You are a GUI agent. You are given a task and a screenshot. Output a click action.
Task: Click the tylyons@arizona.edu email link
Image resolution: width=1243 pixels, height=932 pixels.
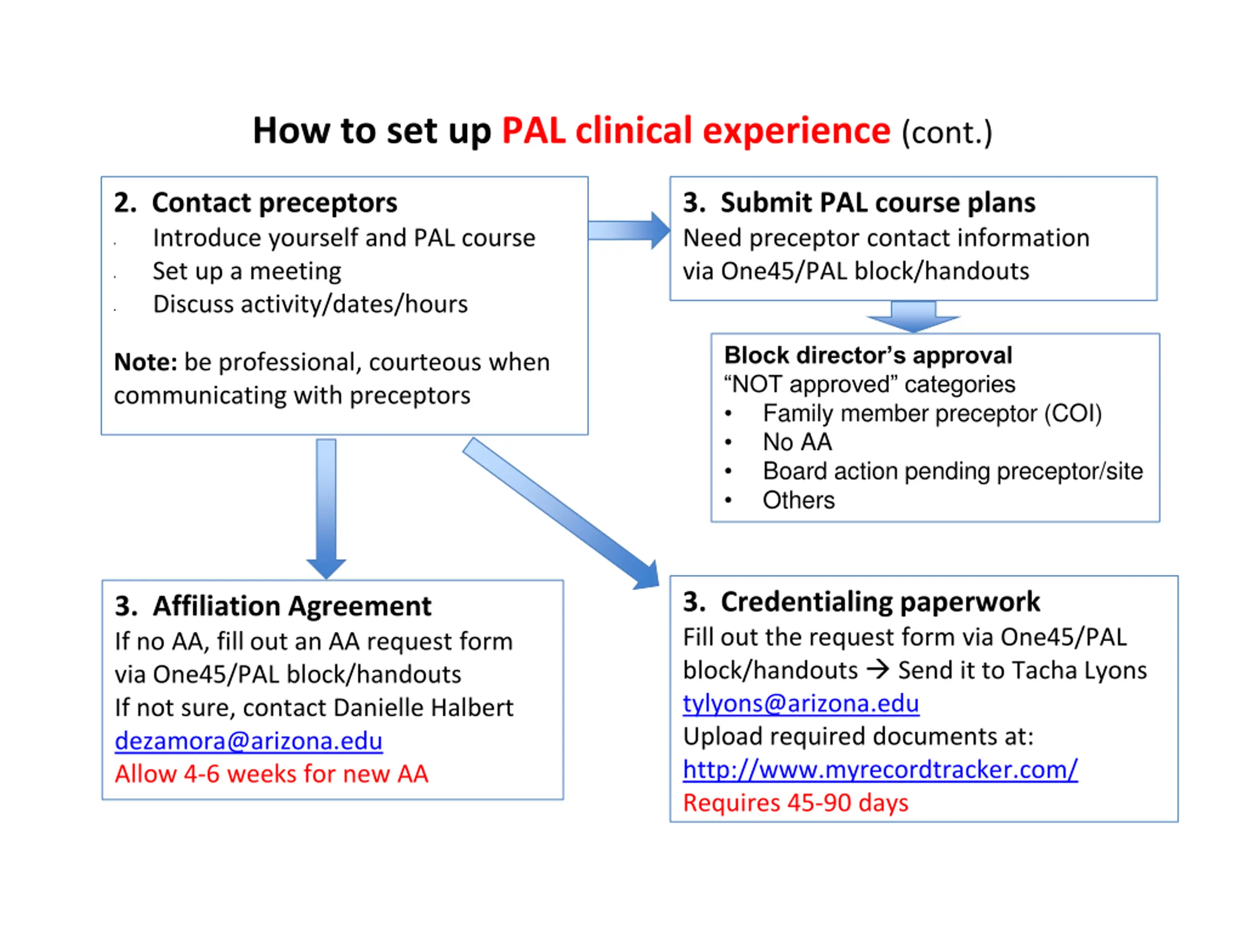coord(801,703)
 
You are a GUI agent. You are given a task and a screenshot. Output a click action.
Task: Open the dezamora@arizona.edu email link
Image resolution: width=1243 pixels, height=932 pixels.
coord(249,741)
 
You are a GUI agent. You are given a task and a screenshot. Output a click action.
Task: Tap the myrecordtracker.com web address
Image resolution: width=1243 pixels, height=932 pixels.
coord(880,770)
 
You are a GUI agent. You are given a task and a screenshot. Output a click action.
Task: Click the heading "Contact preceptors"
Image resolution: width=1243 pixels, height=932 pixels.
coord(274,202)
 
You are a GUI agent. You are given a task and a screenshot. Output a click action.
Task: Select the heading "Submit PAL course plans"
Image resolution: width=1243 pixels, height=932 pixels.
coord(878,202)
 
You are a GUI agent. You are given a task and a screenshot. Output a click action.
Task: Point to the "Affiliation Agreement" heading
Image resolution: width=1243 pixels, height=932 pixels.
coord(292,606)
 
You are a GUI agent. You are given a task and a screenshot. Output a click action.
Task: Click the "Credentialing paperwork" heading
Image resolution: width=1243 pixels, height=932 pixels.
coord(880,601)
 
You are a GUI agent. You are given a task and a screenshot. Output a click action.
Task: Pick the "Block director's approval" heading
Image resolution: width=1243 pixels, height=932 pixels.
coord(868,355)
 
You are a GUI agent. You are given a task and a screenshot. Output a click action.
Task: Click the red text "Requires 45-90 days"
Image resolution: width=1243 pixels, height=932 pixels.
coord(796,803)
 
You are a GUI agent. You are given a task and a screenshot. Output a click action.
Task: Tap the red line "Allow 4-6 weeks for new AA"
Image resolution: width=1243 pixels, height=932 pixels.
coord(271,774)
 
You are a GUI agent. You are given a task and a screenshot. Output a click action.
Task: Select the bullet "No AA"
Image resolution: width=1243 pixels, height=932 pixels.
coord(797,442)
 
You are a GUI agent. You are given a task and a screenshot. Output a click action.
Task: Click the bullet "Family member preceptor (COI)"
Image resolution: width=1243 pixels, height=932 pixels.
coord(932,414)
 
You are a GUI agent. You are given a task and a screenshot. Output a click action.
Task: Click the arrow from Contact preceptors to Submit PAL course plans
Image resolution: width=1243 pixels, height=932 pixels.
coord(629,231)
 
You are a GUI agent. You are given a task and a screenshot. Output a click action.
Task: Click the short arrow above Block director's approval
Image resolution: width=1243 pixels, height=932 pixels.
coord(913,317)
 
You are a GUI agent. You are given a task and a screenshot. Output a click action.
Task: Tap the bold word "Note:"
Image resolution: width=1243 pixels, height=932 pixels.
coord(146,362)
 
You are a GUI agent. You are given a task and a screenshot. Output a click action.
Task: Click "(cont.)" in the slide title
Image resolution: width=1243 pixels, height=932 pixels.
coord(947,133)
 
